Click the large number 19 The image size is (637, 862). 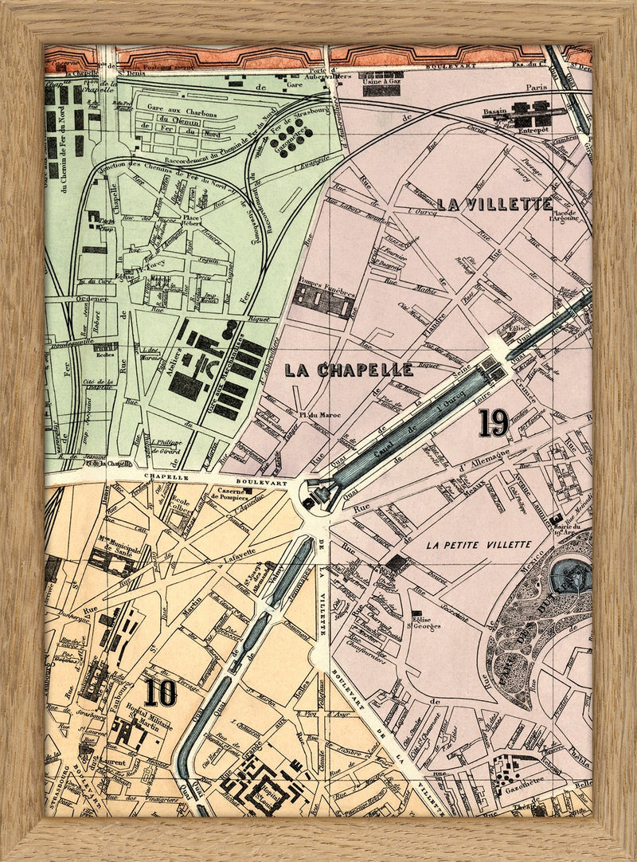click(x=494, y=422)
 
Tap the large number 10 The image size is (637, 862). click(x=160, y=692)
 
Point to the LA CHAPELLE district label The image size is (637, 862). click(x=349, y=370)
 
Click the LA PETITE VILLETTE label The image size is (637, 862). click(x=479, y=545)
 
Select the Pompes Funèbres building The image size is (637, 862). click(x=323, y=299)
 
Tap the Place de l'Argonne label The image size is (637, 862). click(x=564, y=216)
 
